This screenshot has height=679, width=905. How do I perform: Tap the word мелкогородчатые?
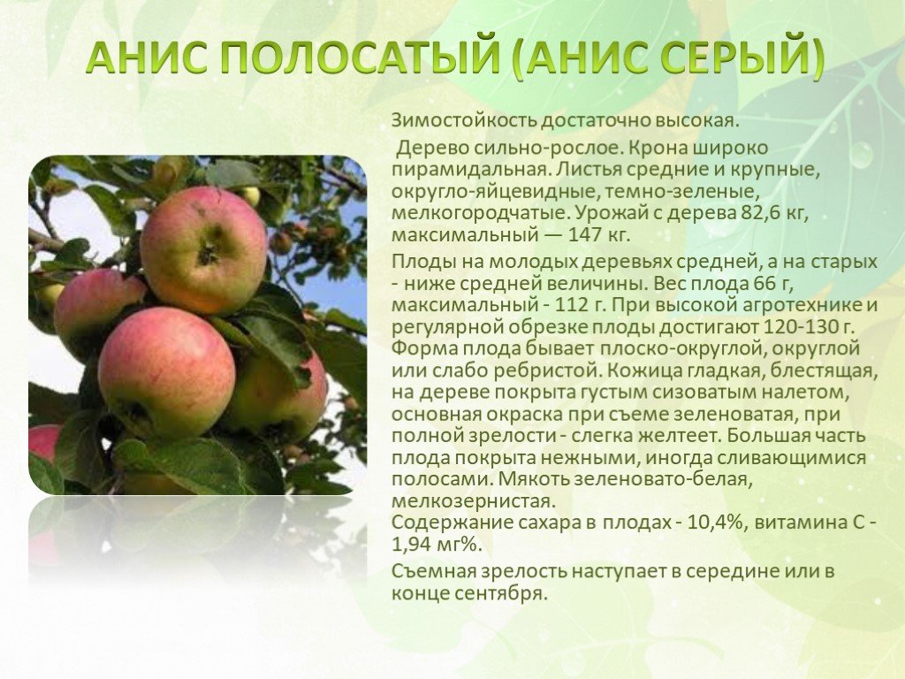pos(480,214)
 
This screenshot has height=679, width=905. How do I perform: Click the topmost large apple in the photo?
pos(203,248)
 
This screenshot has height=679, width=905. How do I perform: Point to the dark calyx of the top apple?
pos(208,252)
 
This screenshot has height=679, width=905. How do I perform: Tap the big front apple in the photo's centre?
pos(167,373)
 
